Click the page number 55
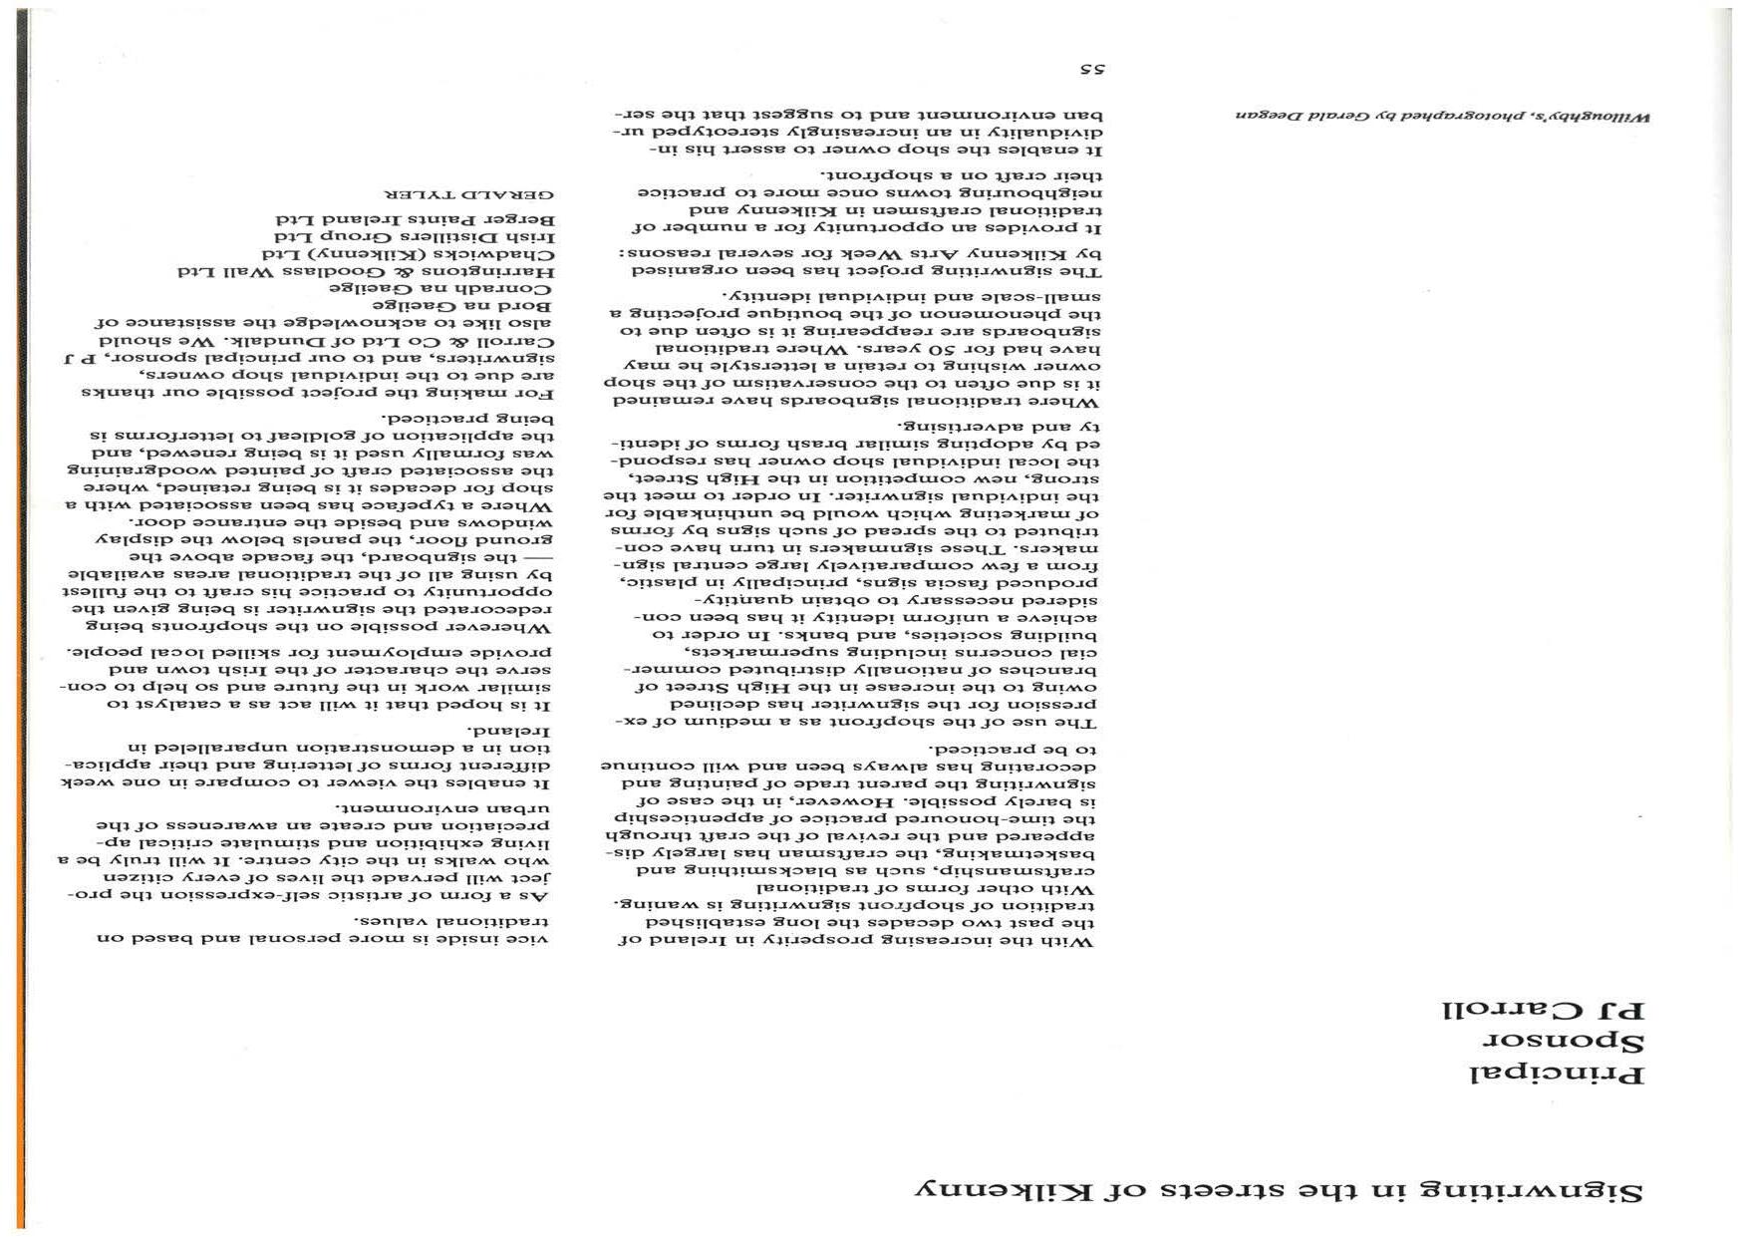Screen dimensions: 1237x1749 1094,70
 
